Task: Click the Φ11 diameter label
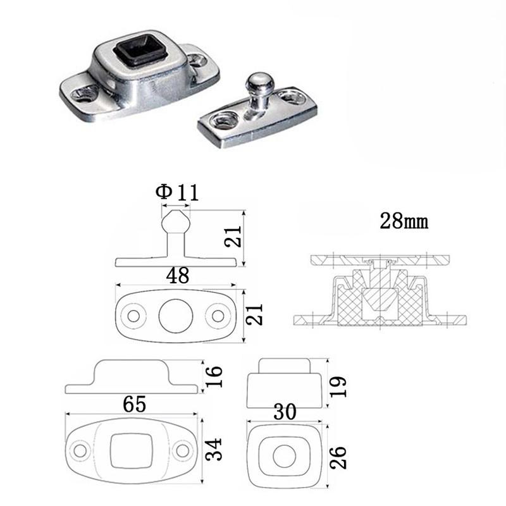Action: point(177,192)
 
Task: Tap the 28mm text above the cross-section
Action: point(404,221)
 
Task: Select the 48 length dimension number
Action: point(178,276)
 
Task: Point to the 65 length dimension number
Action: point(134,404)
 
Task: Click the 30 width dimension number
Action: point(285,412)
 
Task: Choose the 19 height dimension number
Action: point(338,386)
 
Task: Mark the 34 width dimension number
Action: point(213,449)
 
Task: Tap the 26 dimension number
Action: point(338,457)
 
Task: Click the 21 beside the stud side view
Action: point(233,237)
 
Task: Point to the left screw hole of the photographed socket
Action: point(85,94)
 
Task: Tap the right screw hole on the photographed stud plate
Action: point(292,97)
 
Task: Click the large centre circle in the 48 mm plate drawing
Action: point(176,316)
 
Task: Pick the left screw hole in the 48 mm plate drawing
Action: point(133,316)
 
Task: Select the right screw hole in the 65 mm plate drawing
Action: point(183,451)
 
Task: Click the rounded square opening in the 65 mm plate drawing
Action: point(131,451)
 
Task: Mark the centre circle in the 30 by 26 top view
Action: point(284,456)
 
